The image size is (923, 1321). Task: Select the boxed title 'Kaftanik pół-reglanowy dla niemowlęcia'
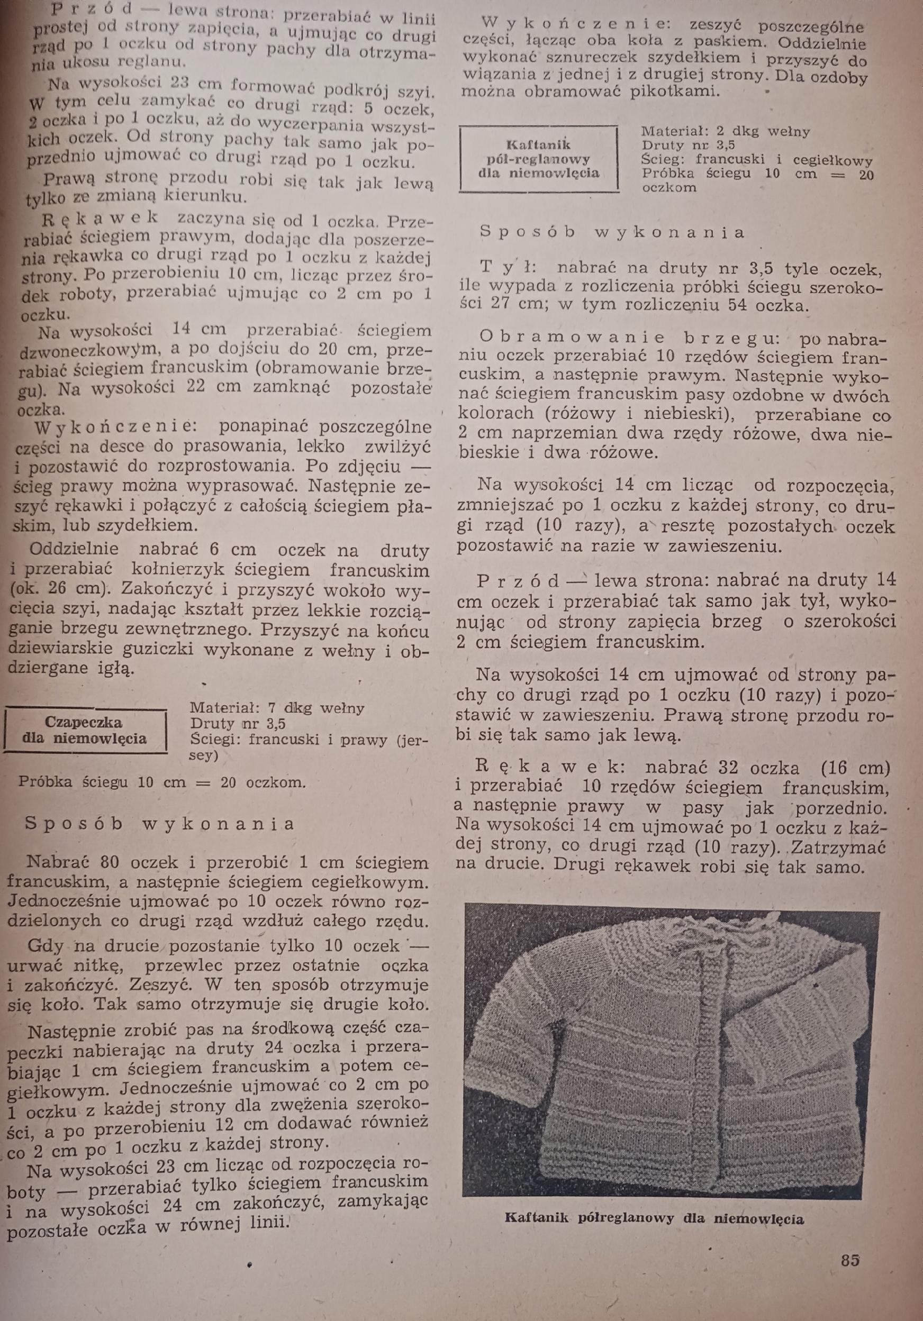click(x=539, y=158)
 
